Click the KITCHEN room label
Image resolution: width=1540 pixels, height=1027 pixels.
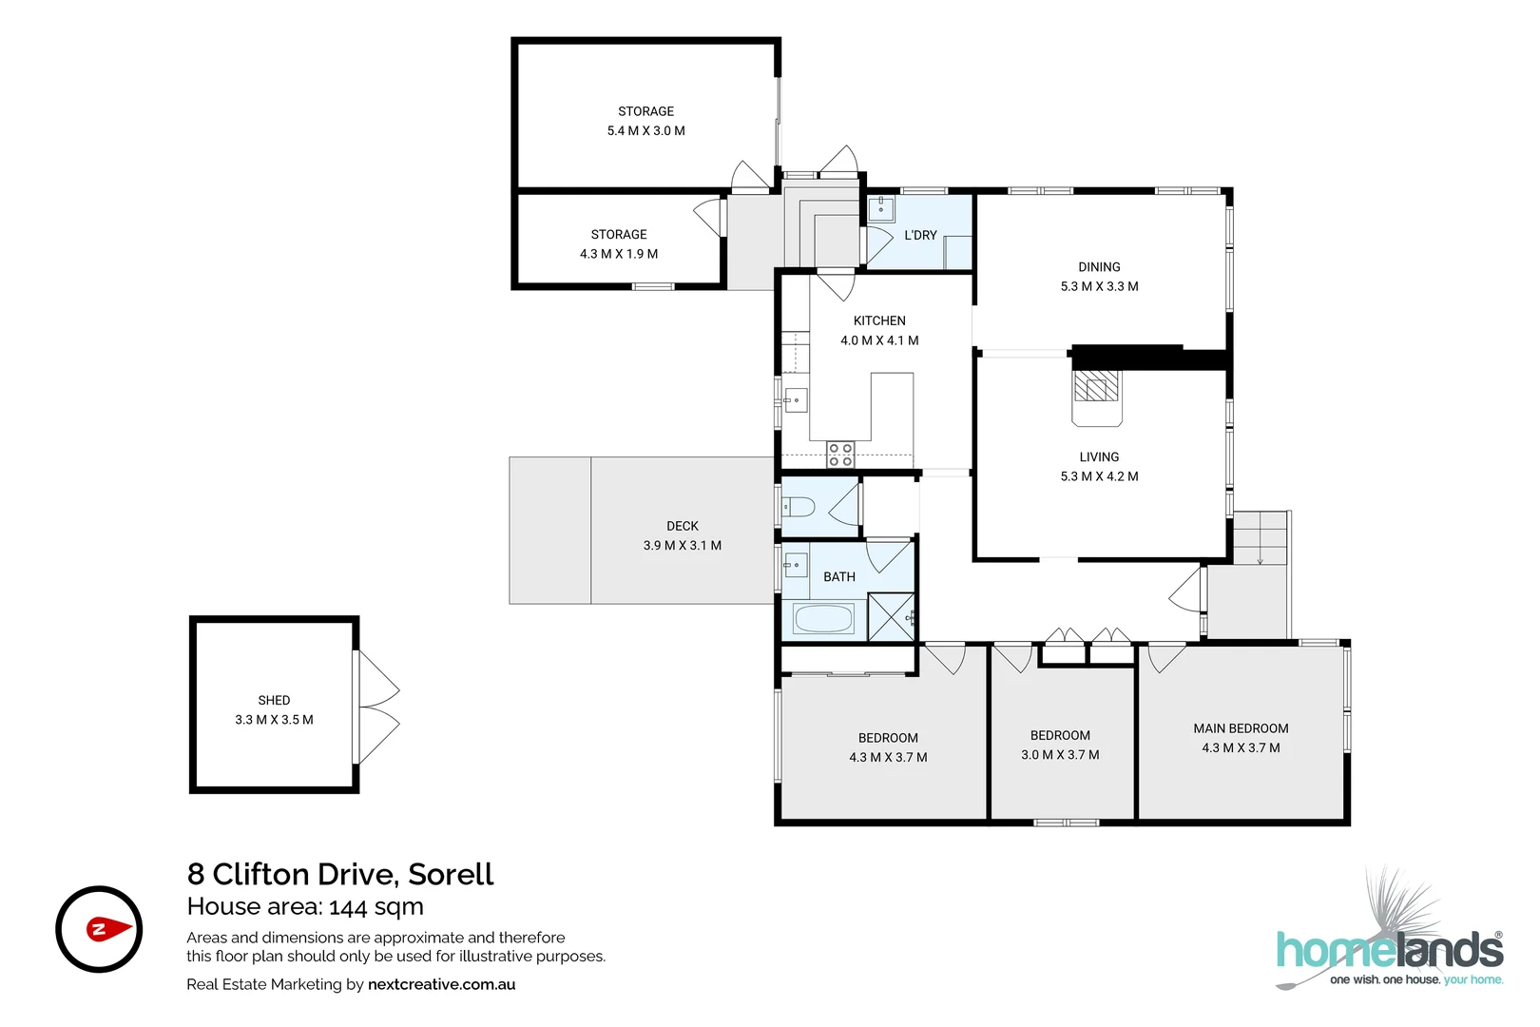pos(879,321)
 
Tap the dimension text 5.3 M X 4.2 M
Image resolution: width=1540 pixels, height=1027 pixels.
pos(1099,476)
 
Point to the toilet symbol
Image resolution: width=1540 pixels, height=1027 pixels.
pos(799,506)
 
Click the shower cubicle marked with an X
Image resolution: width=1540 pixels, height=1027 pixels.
pos(892,616)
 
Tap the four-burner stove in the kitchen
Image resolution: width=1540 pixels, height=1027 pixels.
pos(840,455)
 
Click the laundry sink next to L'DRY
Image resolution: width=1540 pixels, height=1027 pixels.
pos(882,208)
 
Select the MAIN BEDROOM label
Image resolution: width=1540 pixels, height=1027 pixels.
pos(1241,728)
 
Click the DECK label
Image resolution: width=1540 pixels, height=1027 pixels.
pos(683,526)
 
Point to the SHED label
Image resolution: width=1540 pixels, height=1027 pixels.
pos(274,700)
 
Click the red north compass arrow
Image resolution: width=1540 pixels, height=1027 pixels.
pos(107,929)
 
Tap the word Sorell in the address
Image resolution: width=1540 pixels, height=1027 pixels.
pos(451,874)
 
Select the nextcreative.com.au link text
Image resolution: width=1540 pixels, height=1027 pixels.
pos(441,984)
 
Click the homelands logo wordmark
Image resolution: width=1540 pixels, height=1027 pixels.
pos(1389,950)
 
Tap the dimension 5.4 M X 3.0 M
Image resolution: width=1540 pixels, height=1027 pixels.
pos(646,131)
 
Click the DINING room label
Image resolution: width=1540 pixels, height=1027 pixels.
pos(1099,267)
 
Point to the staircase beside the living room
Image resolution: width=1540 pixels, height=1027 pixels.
pos(1261,538)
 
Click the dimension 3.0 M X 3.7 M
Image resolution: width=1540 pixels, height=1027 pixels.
pos(1060,755)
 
